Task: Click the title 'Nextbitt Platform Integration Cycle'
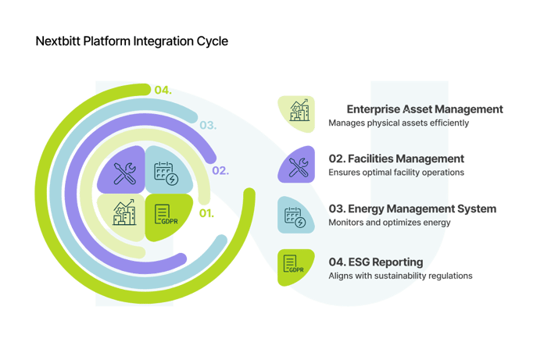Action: tap(132, 41)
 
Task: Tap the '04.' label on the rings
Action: tap(163, 91)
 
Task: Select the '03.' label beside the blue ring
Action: tap(207, 125)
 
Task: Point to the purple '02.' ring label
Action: tap(220, 170)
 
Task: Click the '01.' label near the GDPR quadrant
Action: tap(206, 212)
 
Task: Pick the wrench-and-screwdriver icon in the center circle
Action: tap(124, 173)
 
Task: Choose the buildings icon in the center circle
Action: tap(124, 213)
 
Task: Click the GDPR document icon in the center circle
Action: tap(163, 213)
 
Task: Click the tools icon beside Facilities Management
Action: tap(297, 165)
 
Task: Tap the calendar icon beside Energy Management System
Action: tap(297, 216)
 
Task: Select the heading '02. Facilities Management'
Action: tap(396, 159)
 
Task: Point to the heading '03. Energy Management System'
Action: tap(412, 209)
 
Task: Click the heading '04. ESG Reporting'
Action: tap(376, 261)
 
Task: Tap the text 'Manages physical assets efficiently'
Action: tap(399, 123)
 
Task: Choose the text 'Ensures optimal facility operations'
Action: tap(396, 172)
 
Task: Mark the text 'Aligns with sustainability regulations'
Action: tap(400, 275)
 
